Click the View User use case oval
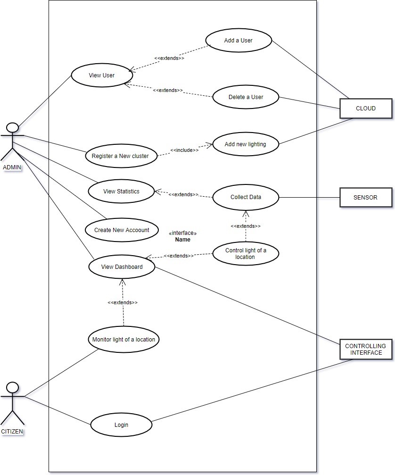(102, 75)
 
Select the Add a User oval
(238, 41)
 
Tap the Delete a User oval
(246, 97)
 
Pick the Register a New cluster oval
(120, 156)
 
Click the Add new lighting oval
(245, 144)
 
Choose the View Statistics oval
(122, 191)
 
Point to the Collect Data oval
(246, 197)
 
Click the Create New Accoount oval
(121, 230)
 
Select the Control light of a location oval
(246, 254)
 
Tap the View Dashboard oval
(122, 267)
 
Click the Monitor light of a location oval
(123, 339)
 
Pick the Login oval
(121, 425)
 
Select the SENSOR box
(366, 197)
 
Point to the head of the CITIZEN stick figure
(13, 388)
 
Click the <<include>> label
(184, 150)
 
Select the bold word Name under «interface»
(182, 240)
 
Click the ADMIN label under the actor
(12, 167)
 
